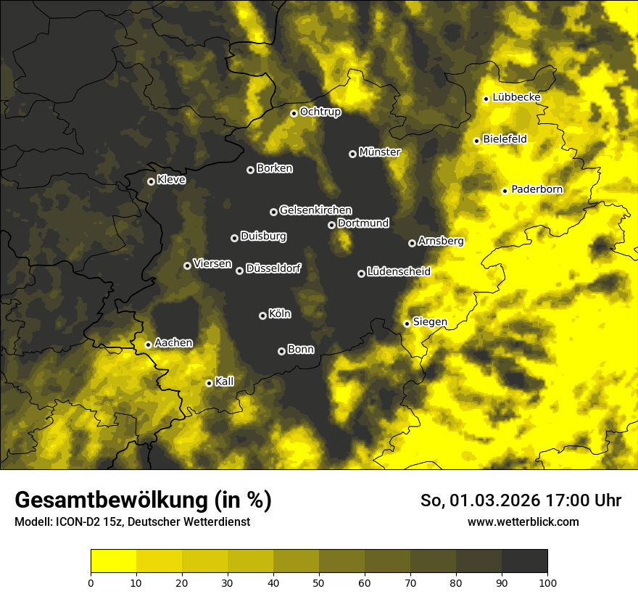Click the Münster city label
(x=379, y=152)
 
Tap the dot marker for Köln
(x=262, y=316)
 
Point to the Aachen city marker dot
(x=148, y=345)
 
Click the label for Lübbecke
(x=516, y=97)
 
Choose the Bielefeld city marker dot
(x=476, y=141)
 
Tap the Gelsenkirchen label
(x=315, y=210)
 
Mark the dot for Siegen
(x=407, y=323)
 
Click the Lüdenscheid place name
(x=399, y=272)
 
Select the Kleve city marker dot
(x=151, y=181)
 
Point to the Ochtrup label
(x=320, y=112)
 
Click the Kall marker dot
(x=209, y=383)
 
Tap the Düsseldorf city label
(x=273, y=269)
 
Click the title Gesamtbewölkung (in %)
(x=143, y=500)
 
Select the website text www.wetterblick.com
(x=523, y=522)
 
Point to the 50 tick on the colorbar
(x=319, y=582)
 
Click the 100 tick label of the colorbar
(x=547, y=582)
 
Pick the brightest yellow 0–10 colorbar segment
(x=114, y=561)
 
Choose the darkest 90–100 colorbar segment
(x=524, y=561)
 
